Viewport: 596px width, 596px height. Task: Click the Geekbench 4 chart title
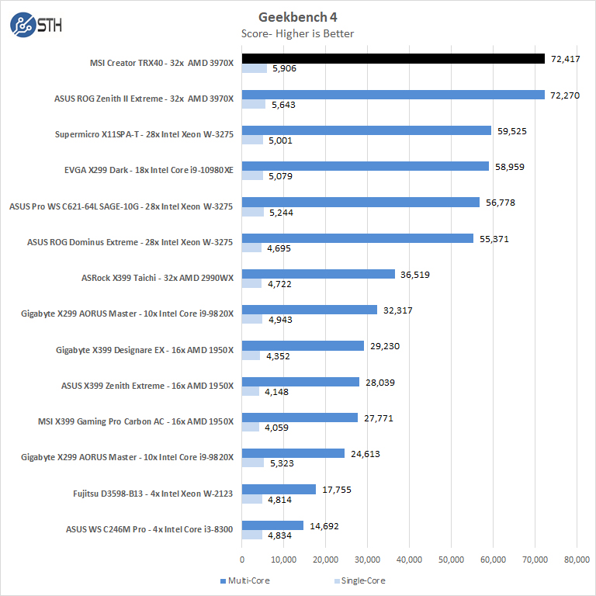click(x=298, y=17)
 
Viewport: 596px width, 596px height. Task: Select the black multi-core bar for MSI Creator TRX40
click(x=393, y=58)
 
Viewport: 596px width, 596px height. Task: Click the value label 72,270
click(x=566, y=95)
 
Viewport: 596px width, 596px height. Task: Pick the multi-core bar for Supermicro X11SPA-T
click(x=366, y=130)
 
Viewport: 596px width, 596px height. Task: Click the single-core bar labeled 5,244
click(x=253, y=212)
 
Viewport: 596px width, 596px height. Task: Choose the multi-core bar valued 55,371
click(x=358, y=238)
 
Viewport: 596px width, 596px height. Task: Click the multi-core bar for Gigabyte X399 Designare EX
click(x=303, y=346)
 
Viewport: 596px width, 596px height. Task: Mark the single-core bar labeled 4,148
click(x=251, y=391)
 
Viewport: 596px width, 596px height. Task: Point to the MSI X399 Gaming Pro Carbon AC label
click(x=135, y=421)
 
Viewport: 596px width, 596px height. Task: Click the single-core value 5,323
click(x=283, y=463)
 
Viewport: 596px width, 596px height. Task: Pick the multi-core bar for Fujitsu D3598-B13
click(x=279, y=489)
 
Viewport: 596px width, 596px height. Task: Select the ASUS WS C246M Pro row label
click(x=149, y=529)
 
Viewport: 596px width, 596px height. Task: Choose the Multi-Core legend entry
click(x=247, y=580)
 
